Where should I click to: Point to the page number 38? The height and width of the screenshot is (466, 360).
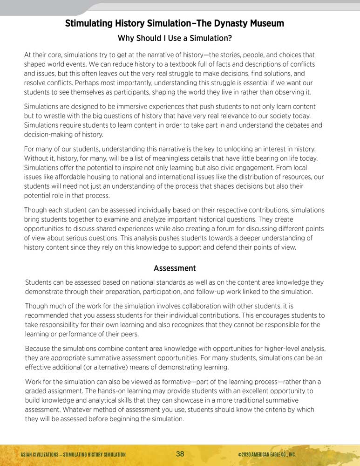pos(180,454)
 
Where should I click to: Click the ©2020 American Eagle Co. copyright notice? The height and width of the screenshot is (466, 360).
pos(266,454)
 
